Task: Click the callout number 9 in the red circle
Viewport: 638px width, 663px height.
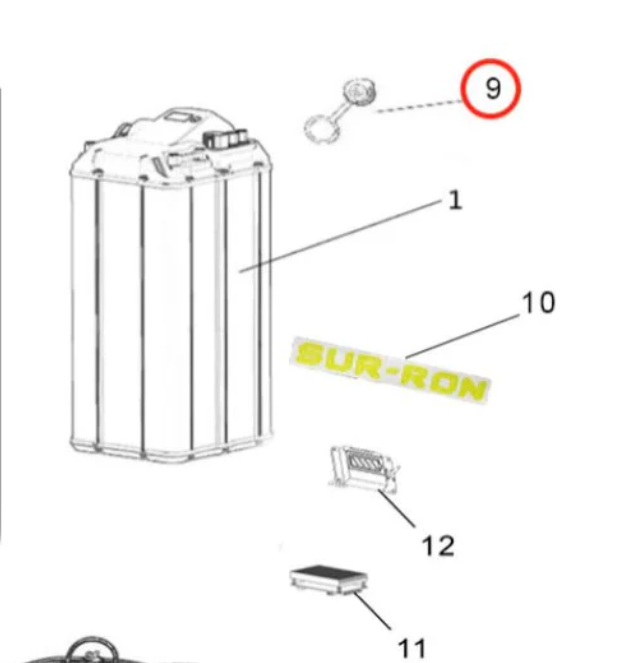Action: click(x=491, y=88)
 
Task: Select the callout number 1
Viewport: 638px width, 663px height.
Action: click(x=455, y=200)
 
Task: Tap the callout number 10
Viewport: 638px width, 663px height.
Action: click(x=538, y=301)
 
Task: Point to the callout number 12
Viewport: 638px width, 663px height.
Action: click(x=438, y=545)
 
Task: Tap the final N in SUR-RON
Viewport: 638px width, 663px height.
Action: click(x=471, y=386)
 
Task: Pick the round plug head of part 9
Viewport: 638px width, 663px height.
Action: click(x=356, y=94)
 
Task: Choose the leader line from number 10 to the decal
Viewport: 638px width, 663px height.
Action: click(x=464, y=335)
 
